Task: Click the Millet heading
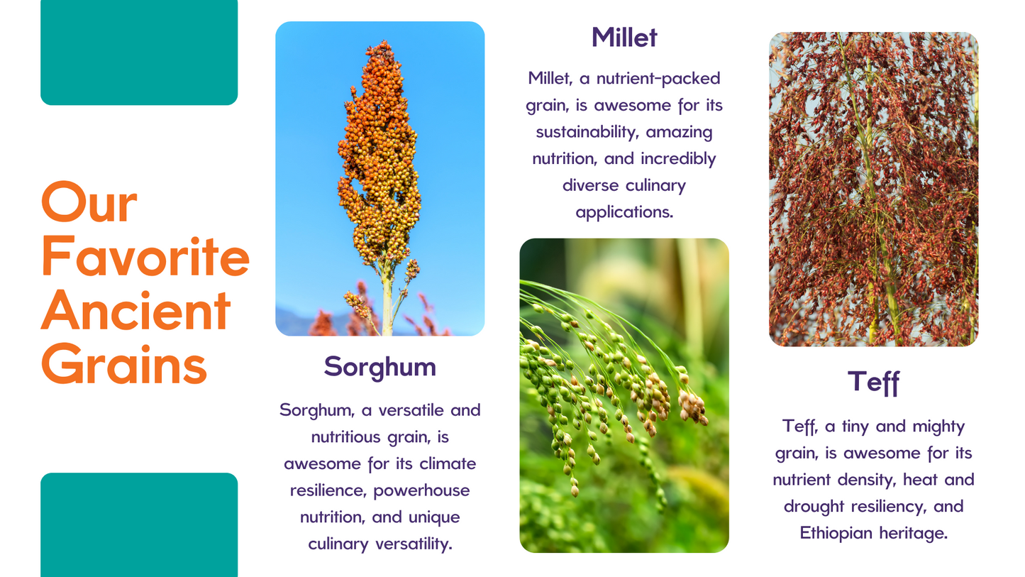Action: click(624, 37)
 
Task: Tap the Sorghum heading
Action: click(379, 367)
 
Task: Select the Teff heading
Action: click(873, 383)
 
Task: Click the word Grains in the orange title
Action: click(124, 365)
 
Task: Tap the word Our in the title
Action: click(89, 202)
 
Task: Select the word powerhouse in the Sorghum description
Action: click(421, 491)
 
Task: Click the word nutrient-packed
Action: click(658, 79)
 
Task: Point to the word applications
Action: click(624, 212)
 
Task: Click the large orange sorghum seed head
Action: click(379, 155)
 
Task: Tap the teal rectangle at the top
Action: click(139, 53)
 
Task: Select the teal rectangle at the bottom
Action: click(139, 524)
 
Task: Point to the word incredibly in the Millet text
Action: click(678, 159)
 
